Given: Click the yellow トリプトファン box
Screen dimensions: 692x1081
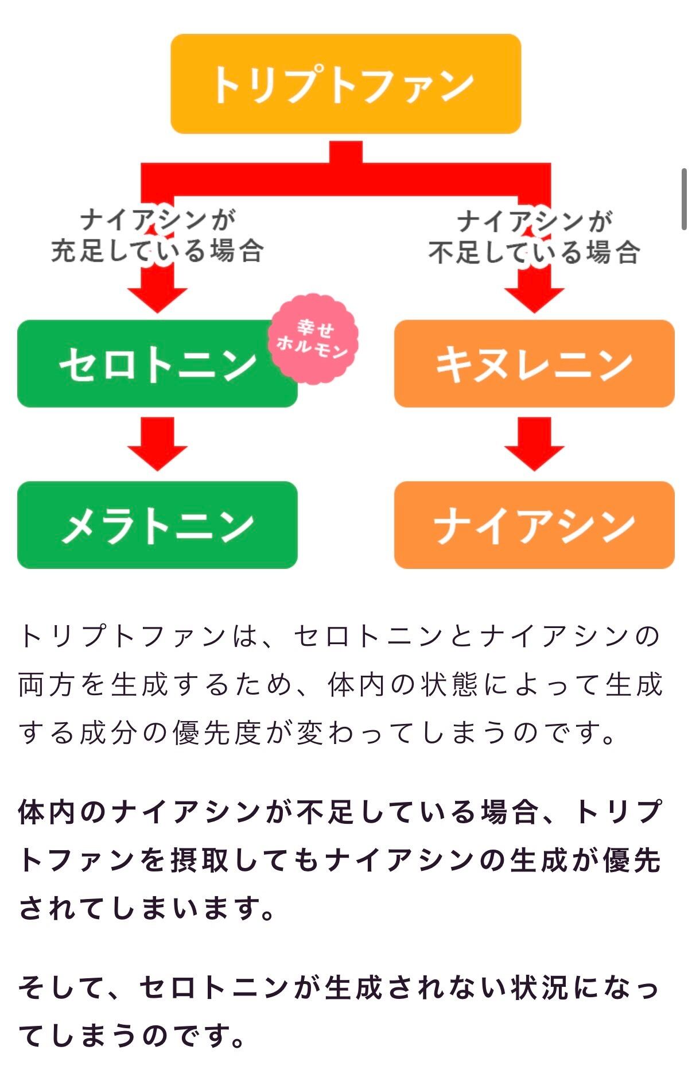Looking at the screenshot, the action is point(345,84).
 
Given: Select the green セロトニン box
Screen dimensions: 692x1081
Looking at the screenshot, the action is point(157,363).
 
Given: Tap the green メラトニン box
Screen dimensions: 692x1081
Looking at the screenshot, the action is point(157,525).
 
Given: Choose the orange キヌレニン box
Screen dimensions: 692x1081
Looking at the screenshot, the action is point(534,363).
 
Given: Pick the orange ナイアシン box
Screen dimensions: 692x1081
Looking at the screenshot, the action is point(534,525).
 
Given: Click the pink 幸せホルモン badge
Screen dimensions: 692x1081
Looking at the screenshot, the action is point(313,339).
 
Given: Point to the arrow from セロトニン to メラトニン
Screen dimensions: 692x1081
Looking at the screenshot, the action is point(157,444).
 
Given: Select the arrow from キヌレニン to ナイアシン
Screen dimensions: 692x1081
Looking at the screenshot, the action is point(534,444).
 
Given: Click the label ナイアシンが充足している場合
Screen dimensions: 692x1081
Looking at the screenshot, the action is point(157,235).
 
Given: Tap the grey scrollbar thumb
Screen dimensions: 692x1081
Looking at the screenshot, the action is point(684,199).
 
